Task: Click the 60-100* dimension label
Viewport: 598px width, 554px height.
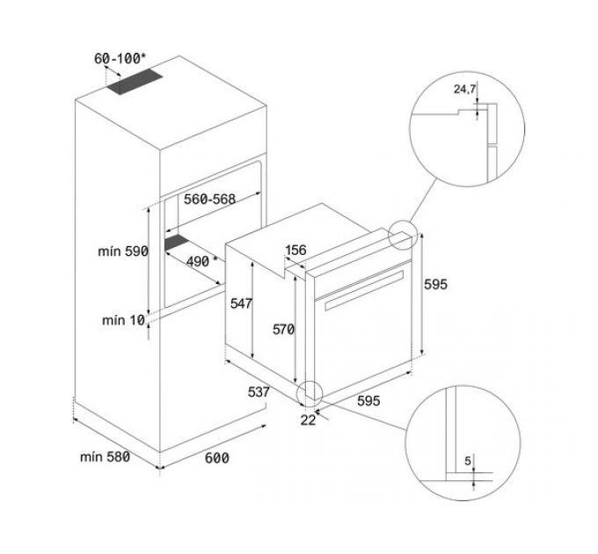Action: [x=120, y=59]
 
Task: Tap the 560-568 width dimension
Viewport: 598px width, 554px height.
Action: [x=209, y=200]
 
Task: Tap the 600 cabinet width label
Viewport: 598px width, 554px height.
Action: [x=216, y=457]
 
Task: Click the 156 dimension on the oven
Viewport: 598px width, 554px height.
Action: [x=295, y=251]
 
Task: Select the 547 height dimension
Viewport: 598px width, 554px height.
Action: [x=241, y=304]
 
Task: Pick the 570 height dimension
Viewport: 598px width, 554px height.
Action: [x=283, y=329]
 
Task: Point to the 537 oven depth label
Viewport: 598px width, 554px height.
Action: [x=258, y=390]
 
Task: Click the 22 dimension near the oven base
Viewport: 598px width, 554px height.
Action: [x=308, y=419]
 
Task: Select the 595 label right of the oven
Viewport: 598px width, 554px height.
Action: [x=437, y=284]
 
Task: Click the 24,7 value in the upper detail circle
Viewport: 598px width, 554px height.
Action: [x=464, y=90]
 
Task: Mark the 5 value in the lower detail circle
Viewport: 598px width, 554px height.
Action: [x=467, y=460]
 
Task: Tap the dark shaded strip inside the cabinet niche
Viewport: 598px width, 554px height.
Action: [x=176, y=242]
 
